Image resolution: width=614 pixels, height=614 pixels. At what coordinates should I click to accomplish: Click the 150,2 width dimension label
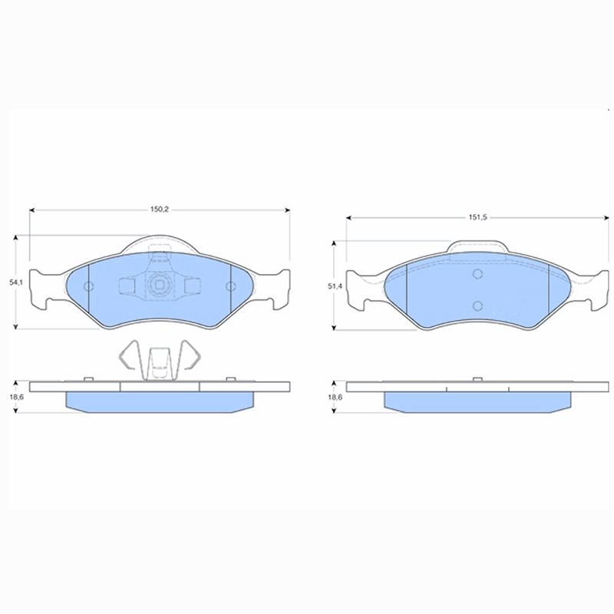pos(160,210)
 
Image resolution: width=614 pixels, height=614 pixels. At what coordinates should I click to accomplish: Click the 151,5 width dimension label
pos(477,217)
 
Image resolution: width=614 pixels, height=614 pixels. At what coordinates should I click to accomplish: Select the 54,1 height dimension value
pos(16,282)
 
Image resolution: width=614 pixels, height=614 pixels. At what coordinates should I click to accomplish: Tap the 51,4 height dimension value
pos(335,286)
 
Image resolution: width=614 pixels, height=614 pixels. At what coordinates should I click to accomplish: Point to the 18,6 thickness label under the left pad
pos(16,397)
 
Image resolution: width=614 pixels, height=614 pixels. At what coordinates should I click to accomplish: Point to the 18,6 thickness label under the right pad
pos(335,397)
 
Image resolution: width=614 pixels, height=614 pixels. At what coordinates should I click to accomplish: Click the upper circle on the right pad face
pos(477,274)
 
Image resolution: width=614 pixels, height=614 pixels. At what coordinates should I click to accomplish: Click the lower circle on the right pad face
pos(477,305)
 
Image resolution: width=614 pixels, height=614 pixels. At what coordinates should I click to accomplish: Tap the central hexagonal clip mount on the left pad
pos(159,285)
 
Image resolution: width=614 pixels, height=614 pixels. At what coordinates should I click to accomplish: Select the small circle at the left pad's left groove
pos(89,286)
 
